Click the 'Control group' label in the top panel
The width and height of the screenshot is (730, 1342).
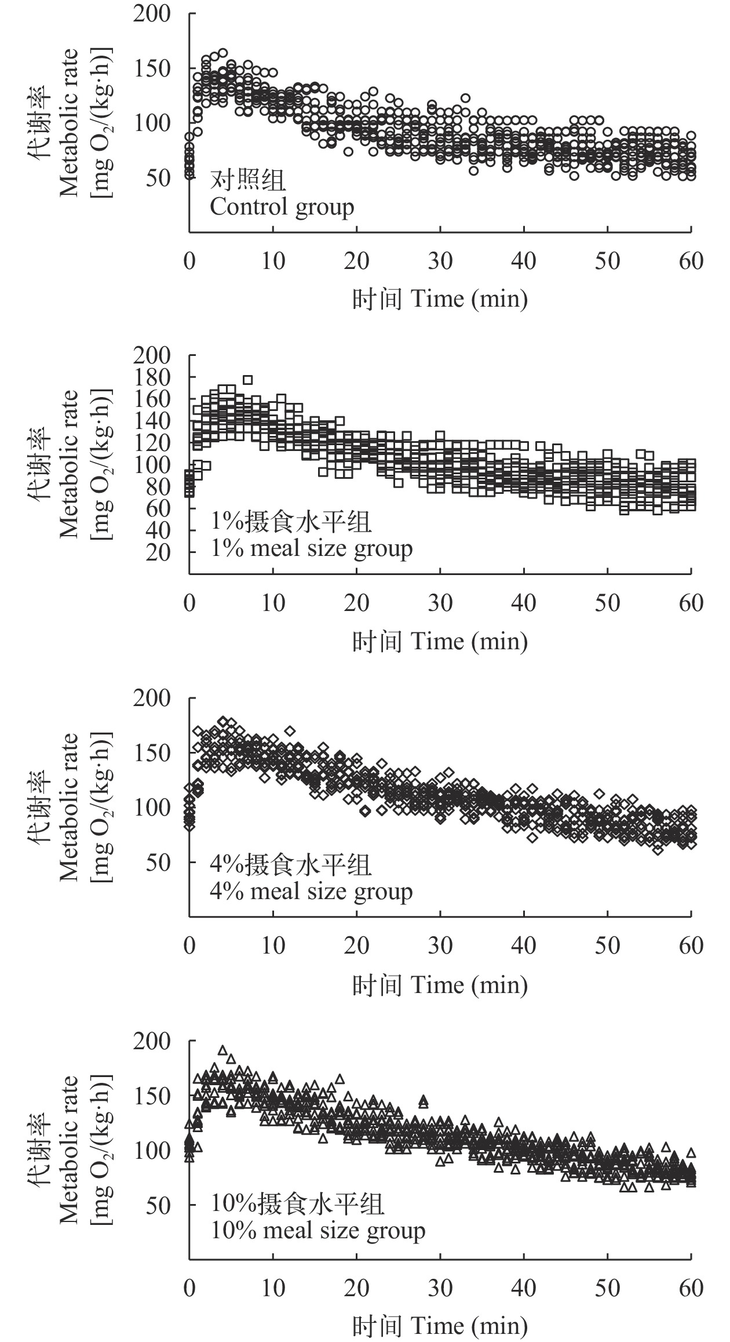[x=282, y=207]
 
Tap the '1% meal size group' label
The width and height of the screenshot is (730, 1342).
[x=311, y=548]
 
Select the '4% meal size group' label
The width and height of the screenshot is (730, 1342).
[x=311, y=891]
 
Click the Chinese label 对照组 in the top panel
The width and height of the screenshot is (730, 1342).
[x=247, y=180]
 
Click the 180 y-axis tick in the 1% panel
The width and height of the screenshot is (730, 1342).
[x=152, y=377]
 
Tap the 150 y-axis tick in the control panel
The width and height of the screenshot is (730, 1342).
[x=152, y=69]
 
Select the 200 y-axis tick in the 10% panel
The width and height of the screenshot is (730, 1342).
[x=152, y=1041]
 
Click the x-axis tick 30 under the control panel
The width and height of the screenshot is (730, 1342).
[x=440, y=261]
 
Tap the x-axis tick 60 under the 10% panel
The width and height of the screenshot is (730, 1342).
[x=691, y=1288]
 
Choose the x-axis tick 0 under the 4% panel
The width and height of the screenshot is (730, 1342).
[x=189, y=945]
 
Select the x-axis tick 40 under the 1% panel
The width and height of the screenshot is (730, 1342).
[x=524, y=603]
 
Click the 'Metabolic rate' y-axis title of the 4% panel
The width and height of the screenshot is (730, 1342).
[x=69, y=807]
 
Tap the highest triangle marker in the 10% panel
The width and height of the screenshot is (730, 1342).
[x=222, y=1050]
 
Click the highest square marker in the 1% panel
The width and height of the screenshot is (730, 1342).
[x=248, y=380]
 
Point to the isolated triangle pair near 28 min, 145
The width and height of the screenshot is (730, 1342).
[x=424, y=1100]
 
